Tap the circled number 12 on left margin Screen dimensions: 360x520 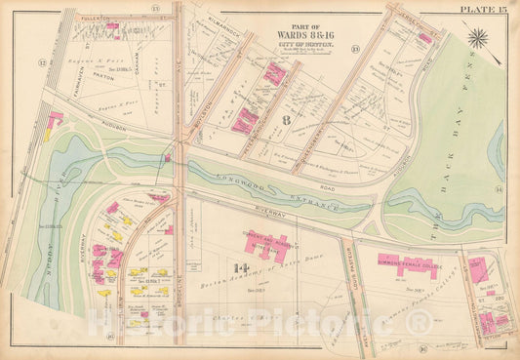coord(42,63)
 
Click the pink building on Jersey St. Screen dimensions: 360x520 coord(425,38)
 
